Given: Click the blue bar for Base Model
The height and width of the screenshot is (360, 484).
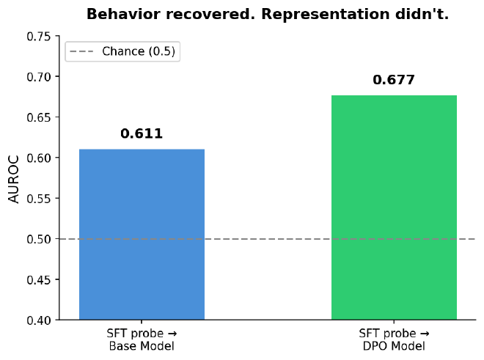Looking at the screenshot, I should pyautogui.click(x=142, y=235).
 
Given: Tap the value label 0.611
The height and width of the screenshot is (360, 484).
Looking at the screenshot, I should pyautogui.click(x=142, y=133).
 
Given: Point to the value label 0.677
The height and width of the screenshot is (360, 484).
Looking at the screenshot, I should pyautogui.click(x=394, y=80).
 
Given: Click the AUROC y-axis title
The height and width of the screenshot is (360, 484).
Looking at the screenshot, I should pyautogui.click(x=13, y=178).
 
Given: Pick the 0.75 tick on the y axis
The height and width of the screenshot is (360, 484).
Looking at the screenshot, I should pyautogui.click(x=40, y=37).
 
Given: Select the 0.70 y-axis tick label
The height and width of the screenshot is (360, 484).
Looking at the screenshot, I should pyautogui.click(x=40, y=77).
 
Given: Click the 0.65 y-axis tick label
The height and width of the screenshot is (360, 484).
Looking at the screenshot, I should pyautogui.click(x=40, y=117).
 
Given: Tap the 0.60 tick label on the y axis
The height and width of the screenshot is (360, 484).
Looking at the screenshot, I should pyautogui.click(x=40, y=158).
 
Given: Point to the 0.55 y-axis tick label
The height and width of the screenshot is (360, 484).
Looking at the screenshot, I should pyautogui.click(x=40, y=199).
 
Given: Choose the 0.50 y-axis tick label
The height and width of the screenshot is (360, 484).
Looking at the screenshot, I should pyautogui.click(x=40, y=239).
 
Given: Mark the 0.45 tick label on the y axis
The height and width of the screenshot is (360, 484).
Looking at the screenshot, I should pyautogui.click(x=40, y=280).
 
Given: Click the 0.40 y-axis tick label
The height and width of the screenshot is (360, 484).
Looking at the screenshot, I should pyautogui.click(x=40, y=320).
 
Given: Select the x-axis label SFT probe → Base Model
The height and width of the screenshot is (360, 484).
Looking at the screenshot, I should pyautogui.click(x=142, y=339).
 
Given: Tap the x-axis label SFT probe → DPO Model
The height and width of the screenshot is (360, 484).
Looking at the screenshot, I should pyautogui.click(x=394, y=339).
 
